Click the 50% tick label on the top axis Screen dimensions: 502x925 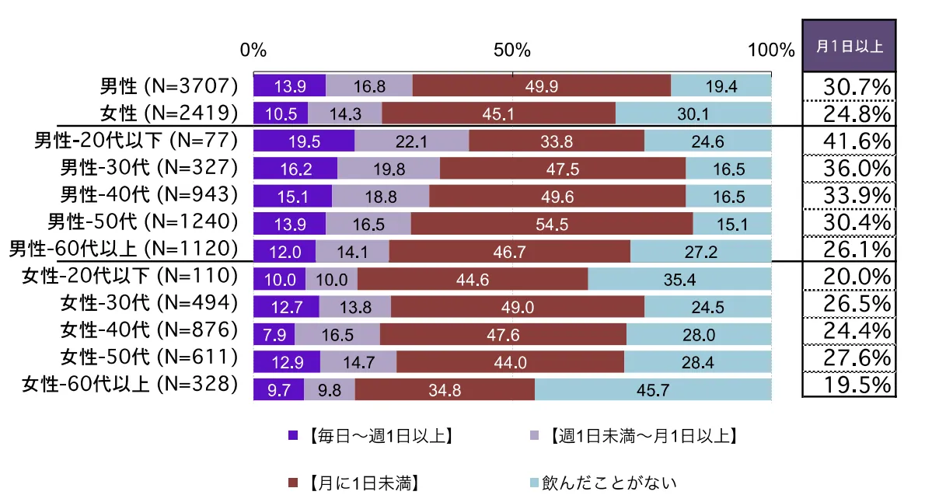pyautogui.click(x=511, y=51)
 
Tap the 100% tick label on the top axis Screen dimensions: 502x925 pyautogui.click(x=770, y=51)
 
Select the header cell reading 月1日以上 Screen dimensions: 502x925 pyautogui.click(x=849, y=46)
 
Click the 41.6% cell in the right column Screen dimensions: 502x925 pyautogui.click(x=850, y=142)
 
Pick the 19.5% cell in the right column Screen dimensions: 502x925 pyautogui.click(x=850, y=385)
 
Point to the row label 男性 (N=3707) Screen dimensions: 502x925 pyautogui.click(x=168, y=86)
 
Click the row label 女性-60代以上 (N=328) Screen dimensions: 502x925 pyautogui.click(x=129, y=384)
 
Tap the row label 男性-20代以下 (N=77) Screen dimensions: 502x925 pyautogui.click(x=134, y=141)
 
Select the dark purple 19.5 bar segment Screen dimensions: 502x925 pyautogui.click(x=304, y=141)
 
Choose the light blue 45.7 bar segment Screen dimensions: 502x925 pyautogui.click(x=653, y=389)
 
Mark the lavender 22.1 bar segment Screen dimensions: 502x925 pyautogui.click(x=411, y=141)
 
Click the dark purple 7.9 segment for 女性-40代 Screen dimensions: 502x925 pyautogui.click(x=274, y=335)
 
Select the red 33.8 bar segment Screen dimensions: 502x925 pyautogui.click(x=557, y=141)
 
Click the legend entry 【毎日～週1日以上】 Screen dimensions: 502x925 pyautogui.click(x=373, y=436)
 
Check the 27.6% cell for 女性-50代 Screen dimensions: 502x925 pyautogui.click(x=850, y=358)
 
